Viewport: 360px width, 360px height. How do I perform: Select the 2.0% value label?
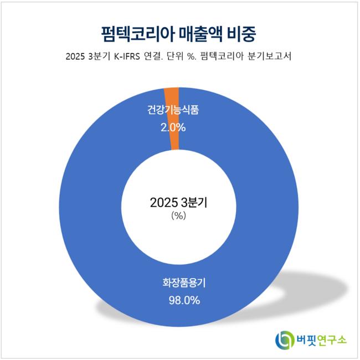click(x=173, y=127)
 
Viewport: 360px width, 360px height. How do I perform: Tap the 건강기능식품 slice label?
click(x=173, y=110)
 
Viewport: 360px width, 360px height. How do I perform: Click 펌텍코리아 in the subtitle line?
click(x=227, y=58)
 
